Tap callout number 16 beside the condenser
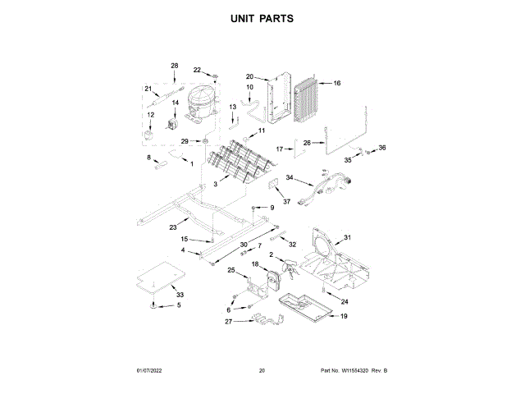336,83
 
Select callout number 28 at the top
174,65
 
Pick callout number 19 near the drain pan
344,315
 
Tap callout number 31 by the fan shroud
347,237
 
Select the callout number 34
289,177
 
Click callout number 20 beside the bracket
250,76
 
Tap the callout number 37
287,202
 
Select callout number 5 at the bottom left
180,305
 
